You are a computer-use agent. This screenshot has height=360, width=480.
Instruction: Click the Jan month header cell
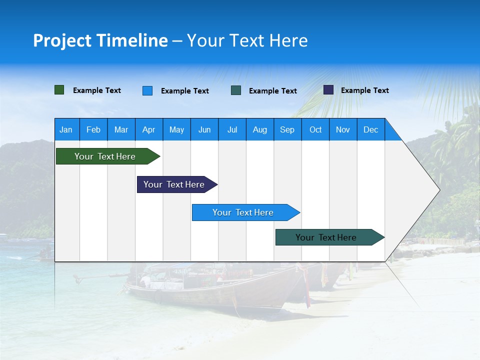coord(66,129)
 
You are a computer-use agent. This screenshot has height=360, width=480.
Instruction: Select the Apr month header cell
coord(149,129)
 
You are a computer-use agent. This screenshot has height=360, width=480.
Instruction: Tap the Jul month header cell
coord(232,129)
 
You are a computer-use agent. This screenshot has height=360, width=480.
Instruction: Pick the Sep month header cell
coord(287,129)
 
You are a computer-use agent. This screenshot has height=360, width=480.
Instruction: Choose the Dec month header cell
coord(370,129)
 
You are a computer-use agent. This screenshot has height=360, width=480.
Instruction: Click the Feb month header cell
coord(93,129)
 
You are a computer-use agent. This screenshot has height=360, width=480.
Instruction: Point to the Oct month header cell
coord(315,129)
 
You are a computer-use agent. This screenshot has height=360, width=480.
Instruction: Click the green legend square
coord(59,90)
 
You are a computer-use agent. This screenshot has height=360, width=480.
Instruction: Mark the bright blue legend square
coord(147,90)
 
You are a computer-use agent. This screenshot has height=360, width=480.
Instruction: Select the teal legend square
coord(236,90)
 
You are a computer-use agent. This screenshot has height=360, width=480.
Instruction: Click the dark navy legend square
coord(328,90)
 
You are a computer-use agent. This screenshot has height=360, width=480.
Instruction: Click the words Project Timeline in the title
coord(100,40)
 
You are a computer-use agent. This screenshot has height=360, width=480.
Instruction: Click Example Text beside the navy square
coord(364,90)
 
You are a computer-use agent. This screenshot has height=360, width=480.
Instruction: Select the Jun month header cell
coord(204,129)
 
